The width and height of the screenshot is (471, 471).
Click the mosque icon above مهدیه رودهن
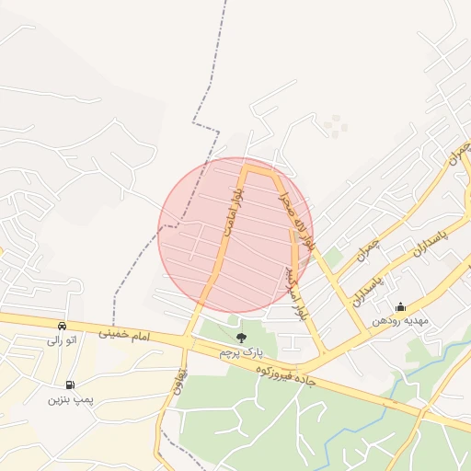point(399,307)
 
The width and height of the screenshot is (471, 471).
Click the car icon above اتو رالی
point(62,326)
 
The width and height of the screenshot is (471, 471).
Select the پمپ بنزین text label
point(71,399)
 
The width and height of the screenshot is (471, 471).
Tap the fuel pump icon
point(70,385)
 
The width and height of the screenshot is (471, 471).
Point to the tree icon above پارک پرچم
point(241,339)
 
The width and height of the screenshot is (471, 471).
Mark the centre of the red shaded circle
point(235,235)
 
